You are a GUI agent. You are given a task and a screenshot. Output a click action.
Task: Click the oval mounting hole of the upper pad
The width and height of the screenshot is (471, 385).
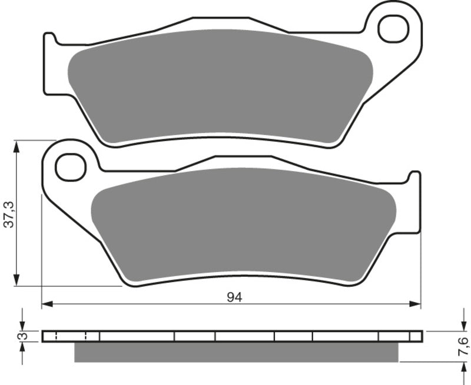(392, 26)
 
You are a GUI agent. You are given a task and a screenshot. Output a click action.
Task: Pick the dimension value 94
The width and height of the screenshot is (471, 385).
(234, 297)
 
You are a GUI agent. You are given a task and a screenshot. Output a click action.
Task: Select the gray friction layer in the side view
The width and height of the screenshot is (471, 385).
(235, 351)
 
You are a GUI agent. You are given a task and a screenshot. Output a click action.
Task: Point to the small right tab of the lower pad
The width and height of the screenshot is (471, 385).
(415, 177)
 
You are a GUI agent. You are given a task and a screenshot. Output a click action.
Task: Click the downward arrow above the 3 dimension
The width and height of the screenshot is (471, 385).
(22, 325)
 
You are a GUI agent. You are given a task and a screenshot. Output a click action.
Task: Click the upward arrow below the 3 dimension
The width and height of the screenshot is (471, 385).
(22, 348)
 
